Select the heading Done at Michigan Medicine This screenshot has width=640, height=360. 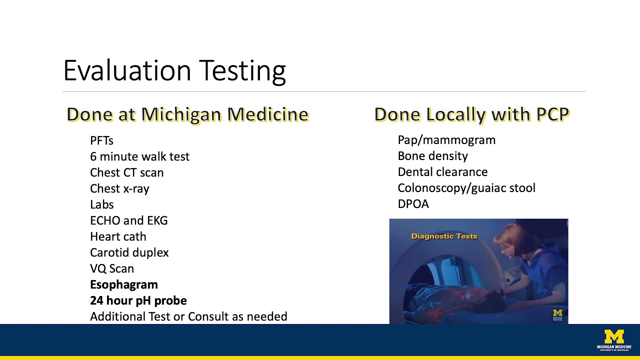click(187, 114)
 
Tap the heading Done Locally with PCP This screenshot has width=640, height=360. click(471, 114)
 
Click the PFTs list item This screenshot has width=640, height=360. click(101, 140)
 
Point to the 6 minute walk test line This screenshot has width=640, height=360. click(139, 156)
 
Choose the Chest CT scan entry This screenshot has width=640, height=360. click(126, 172)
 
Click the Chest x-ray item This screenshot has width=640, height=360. click(119, 188)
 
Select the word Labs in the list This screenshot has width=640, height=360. click(101, 204)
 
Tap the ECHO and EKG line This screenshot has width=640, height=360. click(128, 220)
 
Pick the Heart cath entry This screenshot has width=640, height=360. click(118, 236)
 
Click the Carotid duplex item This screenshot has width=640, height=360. click(129, 252)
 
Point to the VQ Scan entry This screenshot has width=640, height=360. click(112, 268)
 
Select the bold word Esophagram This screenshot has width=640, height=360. click(123, 284)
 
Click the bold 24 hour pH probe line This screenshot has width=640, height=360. click(138, 300)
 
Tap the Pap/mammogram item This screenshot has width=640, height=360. click(446, 140)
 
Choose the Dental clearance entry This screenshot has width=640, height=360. click(442, 172)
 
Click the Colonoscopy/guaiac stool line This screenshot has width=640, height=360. click(466, 188)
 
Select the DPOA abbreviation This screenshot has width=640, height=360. click(413, 204)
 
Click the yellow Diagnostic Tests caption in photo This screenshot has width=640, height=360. click(444, 236)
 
